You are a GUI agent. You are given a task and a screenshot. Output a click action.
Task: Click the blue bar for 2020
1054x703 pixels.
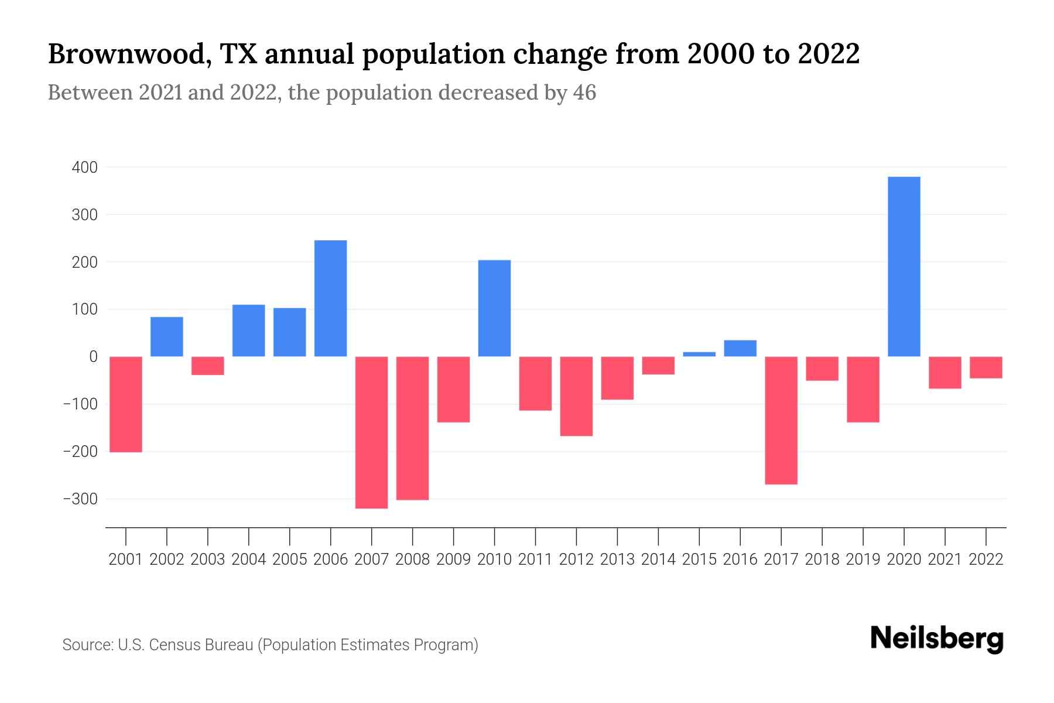click(904, 267)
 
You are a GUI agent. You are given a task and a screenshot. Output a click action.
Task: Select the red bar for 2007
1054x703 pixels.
click(371, 432)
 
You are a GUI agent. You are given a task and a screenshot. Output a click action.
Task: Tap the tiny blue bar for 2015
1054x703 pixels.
click(699, 354)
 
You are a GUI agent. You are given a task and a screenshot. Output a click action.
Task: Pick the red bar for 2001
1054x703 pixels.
click(126, 404)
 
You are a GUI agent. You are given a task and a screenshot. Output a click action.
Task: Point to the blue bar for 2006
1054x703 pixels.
click(330, 298)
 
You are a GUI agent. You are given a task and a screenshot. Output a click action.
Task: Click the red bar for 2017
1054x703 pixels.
click(781, 420)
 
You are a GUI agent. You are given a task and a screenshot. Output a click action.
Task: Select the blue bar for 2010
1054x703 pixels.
click(494, 308)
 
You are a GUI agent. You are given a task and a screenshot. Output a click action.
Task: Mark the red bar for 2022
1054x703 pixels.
click(985, 367)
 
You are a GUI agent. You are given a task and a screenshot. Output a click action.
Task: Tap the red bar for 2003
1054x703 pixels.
click(208, 366)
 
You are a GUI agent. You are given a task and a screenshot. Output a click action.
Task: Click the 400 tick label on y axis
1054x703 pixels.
click(85, 168)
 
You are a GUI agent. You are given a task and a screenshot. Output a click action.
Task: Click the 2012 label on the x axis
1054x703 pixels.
click(576, 559)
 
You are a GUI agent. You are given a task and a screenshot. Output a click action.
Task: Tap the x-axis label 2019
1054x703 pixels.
click(863, 559)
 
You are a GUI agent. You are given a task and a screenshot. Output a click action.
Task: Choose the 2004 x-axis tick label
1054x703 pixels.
click(249, 559)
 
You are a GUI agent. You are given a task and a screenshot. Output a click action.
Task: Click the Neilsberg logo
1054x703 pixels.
click(937, 639)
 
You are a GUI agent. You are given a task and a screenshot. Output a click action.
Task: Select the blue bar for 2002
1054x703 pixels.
click(167, 337)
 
